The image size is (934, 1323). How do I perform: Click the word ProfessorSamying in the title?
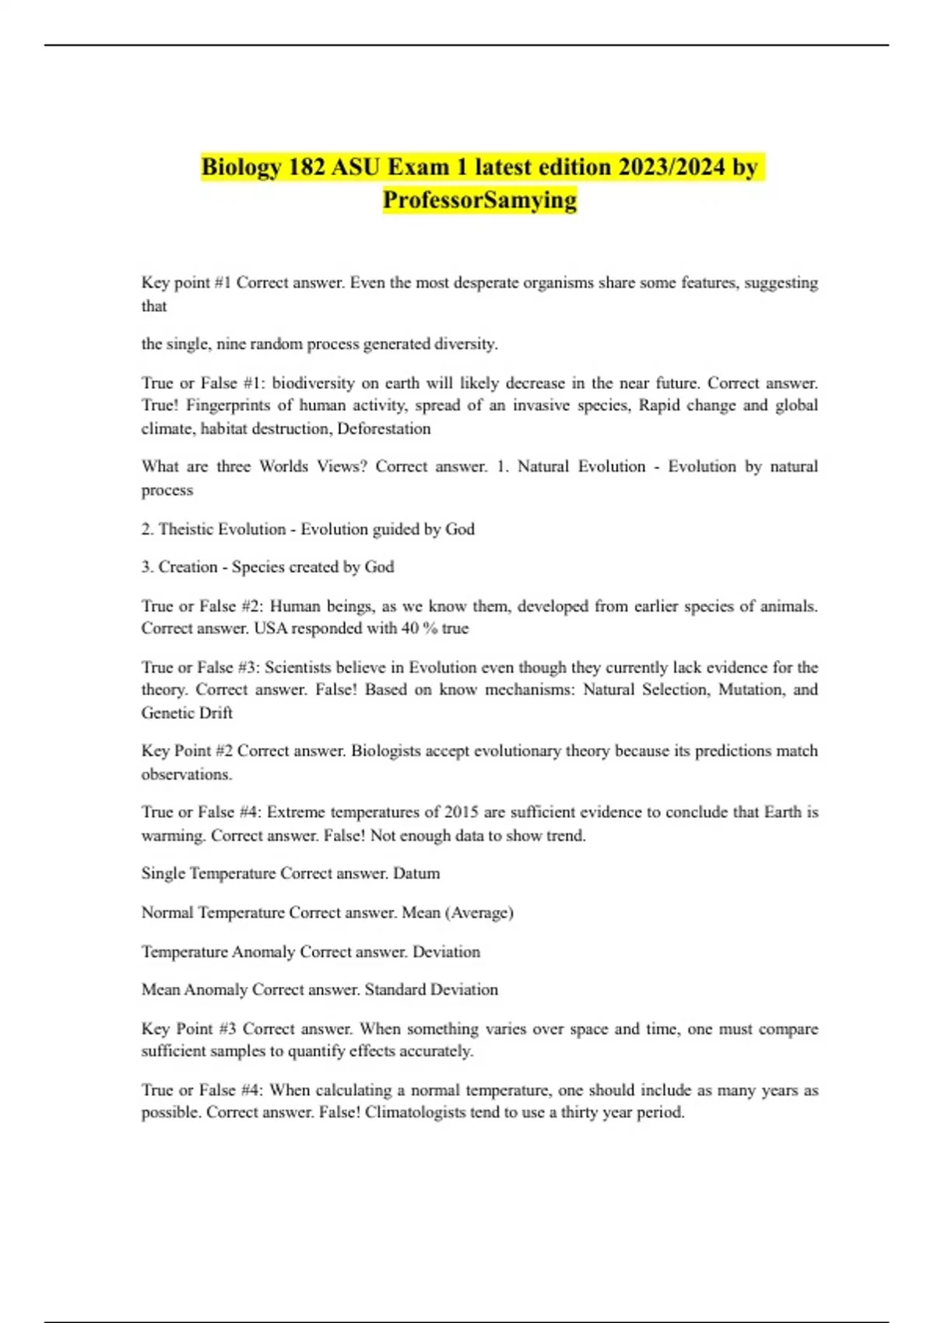479,200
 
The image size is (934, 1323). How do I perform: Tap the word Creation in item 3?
188,567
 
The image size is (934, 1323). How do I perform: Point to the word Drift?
215,713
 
